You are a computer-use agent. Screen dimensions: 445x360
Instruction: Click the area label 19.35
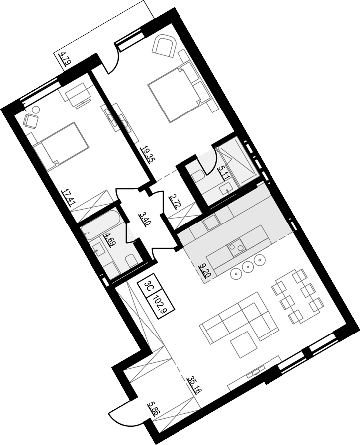(146, 155)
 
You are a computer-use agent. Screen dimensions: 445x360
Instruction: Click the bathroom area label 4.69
(107, 241)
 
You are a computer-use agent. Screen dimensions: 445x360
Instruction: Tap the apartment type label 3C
(148, 286)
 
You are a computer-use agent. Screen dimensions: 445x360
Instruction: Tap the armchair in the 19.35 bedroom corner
(164, 46)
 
